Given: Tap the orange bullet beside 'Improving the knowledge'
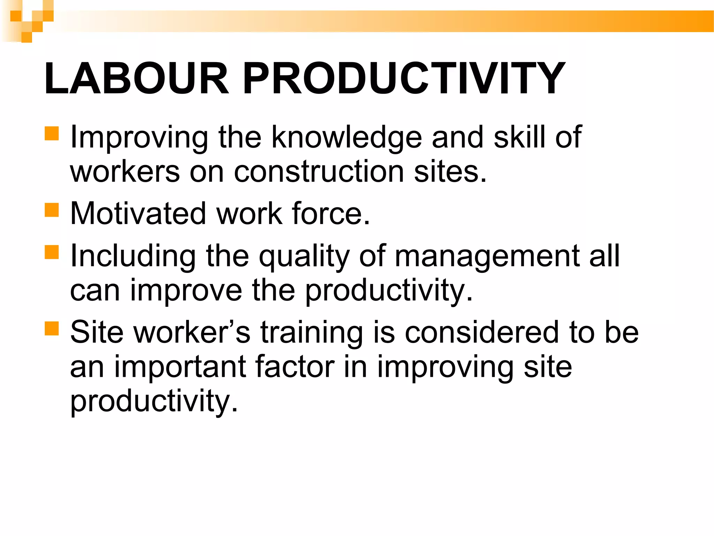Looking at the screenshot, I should [x=52, y=133].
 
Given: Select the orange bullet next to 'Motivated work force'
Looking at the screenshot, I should [x=52, y=210].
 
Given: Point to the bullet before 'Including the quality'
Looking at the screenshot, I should [x=52, y=252].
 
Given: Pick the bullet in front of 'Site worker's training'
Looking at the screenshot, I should [x=52, y=328].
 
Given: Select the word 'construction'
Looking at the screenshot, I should [x=319, y=172].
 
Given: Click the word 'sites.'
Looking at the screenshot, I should [x=450, y=172].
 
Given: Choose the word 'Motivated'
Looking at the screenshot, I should [x=138, y=214].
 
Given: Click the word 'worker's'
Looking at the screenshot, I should [x=192, y=332].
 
